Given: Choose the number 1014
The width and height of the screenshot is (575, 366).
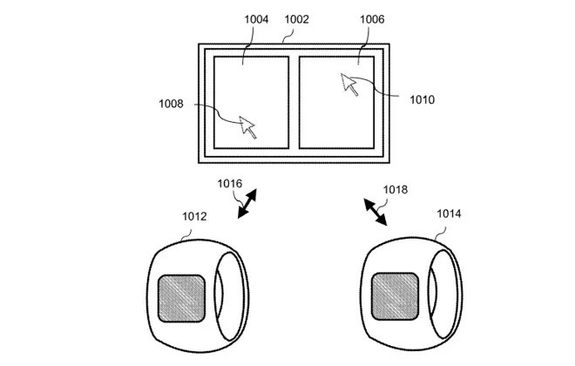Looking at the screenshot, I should pos(450,213).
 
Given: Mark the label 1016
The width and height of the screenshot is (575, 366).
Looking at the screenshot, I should pos(230,185).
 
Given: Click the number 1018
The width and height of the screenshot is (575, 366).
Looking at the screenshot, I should pos(395,189).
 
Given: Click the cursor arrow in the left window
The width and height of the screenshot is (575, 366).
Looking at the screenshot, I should pos(248,126).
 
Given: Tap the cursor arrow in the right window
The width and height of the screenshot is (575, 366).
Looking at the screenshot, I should pos(350,85).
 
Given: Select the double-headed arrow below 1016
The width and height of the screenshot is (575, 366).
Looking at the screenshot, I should pos(247,207).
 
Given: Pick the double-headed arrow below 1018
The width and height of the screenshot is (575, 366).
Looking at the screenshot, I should pos(377,212).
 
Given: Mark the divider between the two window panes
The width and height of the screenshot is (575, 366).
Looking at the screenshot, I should pos(294,102).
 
